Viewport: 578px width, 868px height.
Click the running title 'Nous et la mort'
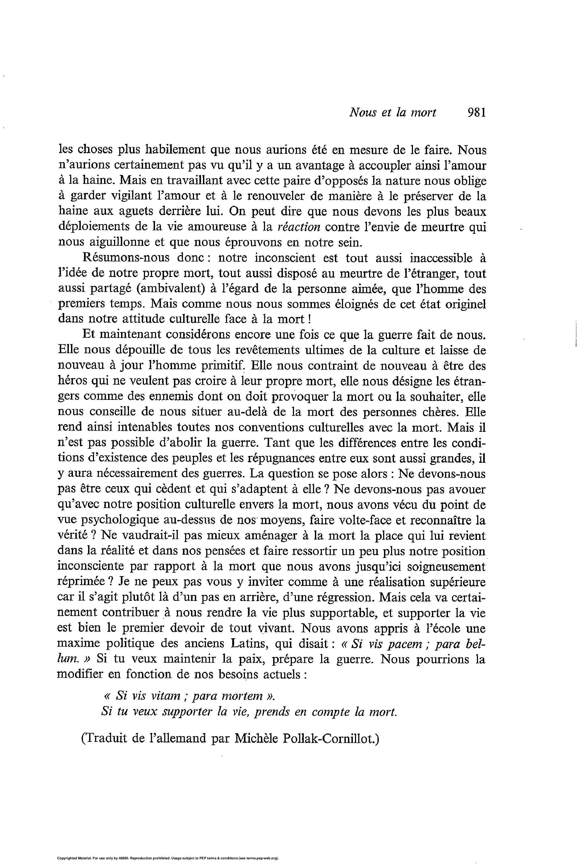coord(393,113)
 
